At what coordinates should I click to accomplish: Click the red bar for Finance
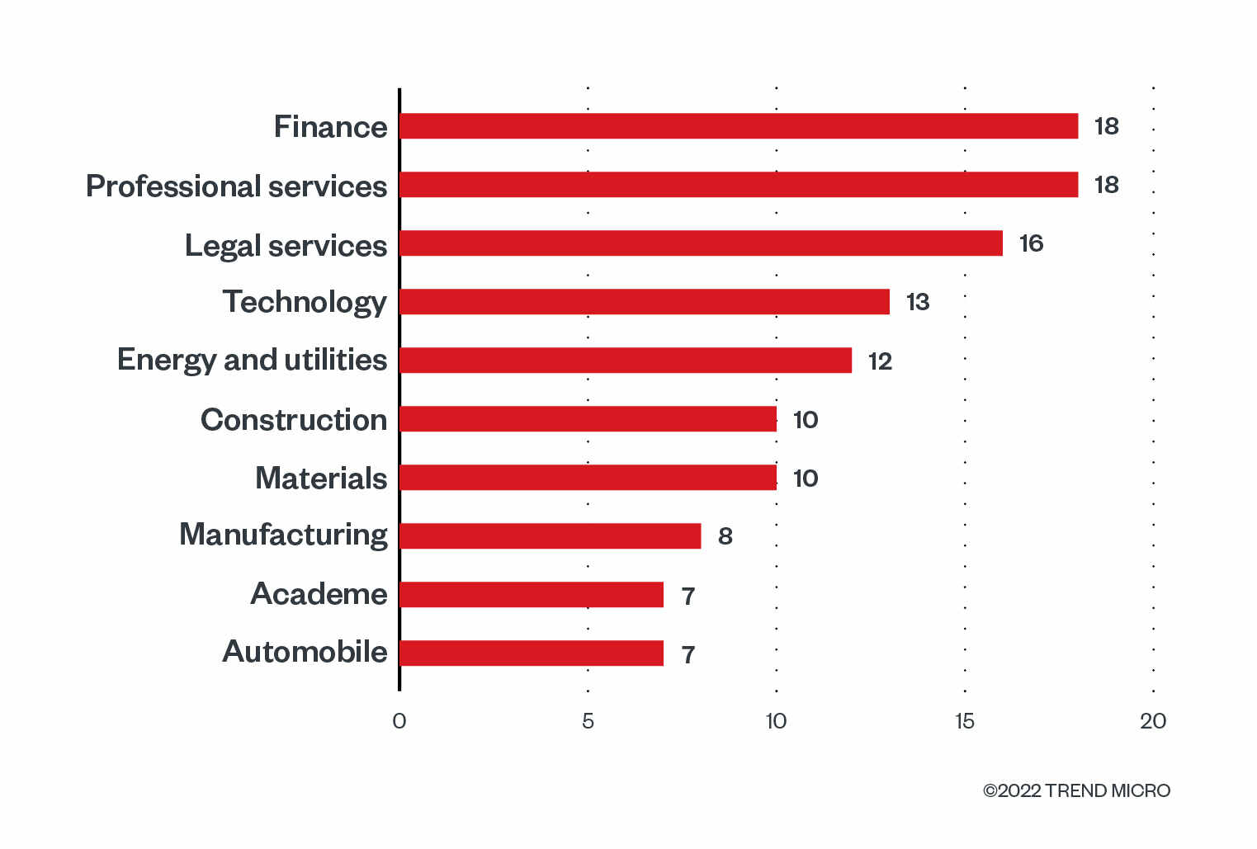coord(739,126)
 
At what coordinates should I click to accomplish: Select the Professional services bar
coord(739,185)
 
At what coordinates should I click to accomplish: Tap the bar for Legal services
coord(701,243)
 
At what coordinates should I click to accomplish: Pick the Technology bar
coord(645,302)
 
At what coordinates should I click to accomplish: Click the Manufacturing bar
coord(550,536)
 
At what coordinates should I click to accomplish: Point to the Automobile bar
coord(532,653)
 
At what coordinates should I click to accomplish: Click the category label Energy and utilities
coord(252,361)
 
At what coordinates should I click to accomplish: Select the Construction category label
coord(294,420)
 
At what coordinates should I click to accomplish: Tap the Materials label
coord(321,479)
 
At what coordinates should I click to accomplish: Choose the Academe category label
coord(319,594)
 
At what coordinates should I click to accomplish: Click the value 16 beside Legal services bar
coord(1031,243)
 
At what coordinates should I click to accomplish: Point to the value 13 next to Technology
coord(918,302)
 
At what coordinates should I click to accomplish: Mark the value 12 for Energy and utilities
coord(880,361)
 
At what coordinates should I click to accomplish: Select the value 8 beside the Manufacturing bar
coord(725,536)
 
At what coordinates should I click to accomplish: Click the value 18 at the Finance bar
coord(1106,126)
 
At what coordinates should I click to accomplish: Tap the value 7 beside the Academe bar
coord(688,596)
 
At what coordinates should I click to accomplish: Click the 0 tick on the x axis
coord(399,721)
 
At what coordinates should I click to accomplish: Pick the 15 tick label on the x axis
coord(964,721)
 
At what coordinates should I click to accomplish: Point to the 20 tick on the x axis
coord(1153,721)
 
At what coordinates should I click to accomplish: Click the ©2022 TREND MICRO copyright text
coord(1076,790)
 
